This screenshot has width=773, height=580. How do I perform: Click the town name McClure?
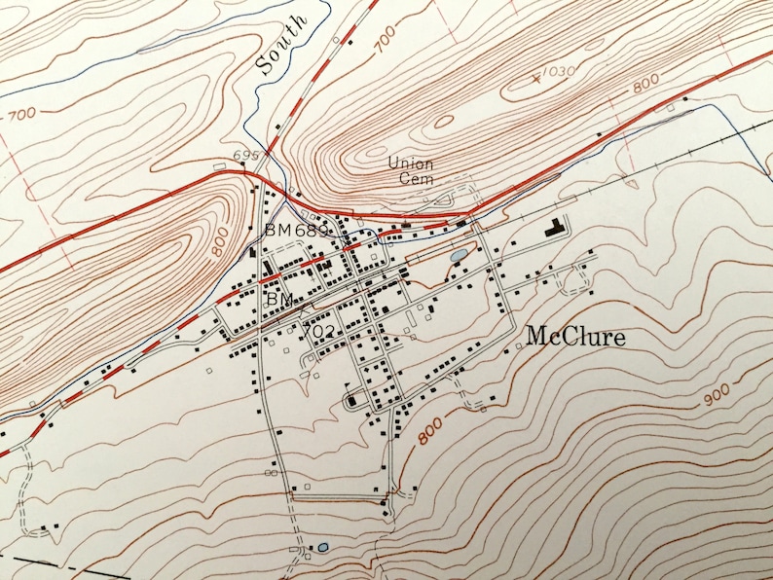point(575,337)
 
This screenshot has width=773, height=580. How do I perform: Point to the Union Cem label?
point(410,170)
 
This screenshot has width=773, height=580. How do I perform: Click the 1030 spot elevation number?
point(556,71)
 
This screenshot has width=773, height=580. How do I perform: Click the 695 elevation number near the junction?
point(246,156)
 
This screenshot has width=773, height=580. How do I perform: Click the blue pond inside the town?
point(457,256)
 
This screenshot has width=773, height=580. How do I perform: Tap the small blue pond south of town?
point(322,548)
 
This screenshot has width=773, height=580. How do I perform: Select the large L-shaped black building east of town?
point(556,230)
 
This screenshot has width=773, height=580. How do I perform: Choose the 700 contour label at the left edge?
point(21,114)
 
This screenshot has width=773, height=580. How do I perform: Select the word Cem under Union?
point(411,179)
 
